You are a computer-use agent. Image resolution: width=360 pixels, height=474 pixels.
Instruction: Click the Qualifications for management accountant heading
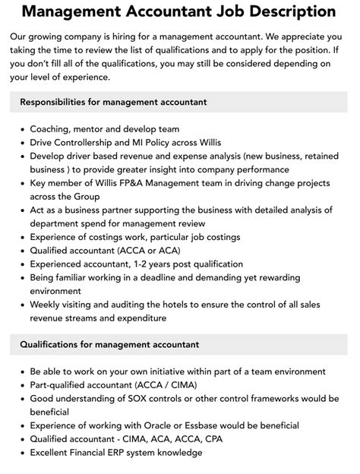point(109,344)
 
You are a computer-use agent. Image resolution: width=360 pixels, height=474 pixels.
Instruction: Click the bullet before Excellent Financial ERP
point(20,453)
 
